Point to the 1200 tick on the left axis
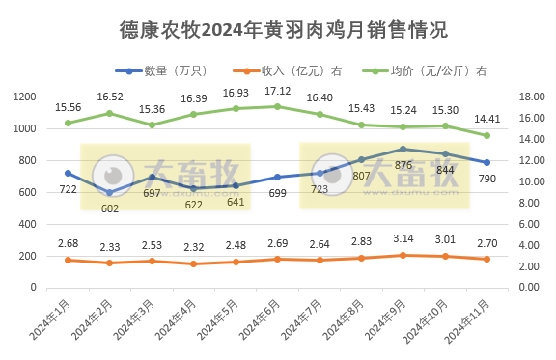point(25,97)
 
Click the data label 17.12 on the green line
point(277,90)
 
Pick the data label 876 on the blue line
point(403,165)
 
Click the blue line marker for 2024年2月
point(109,192)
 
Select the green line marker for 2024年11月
point(486,135)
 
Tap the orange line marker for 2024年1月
point(68,260)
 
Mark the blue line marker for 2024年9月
point(403,149)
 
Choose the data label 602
point(109,208)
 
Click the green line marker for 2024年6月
point(277,106)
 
